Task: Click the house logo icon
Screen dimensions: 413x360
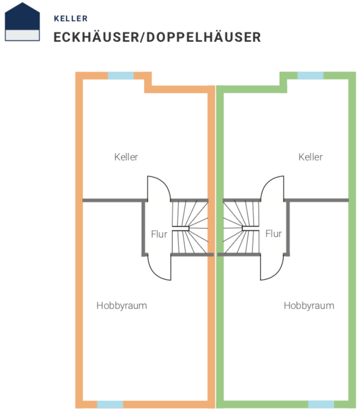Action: (x=23, y=22)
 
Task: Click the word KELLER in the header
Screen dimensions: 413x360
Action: (x=70, y=18)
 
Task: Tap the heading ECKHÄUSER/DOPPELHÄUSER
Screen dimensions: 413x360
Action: (x=157, y=37)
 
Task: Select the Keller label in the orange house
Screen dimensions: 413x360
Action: (x=126, y=157)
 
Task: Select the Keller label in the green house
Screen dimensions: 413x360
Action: (x=310, y=157)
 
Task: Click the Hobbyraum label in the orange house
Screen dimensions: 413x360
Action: (x=121, y=305)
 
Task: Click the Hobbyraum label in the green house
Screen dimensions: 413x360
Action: (x=309, y=305)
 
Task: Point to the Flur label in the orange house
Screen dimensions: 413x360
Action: (x=159, y=234)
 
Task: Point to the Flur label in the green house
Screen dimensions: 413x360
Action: (x=273, y=234)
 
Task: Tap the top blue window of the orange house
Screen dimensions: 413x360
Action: (x=121, y=76)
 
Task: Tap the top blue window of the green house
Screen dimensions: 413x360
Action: (x=310, y=76)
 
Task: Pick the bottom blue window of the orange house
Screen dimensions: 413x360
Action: (x=110, y=404)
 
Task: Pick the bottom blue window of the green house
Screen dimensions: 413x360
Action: (x=321, y=404)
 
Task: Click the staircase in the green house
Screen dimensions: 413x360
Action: (x=242, y=227)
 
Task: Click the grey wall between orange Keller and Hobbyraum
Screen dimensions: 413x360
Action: (x=113, y=200)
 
